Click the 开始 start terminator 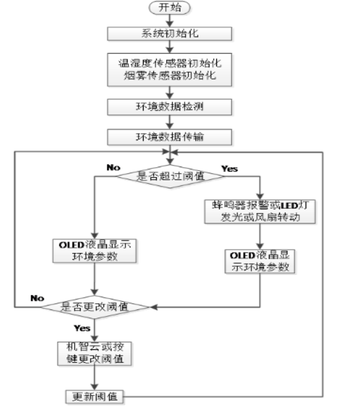click(x=169, y=8)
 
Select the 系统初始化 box click(x=169, y=33)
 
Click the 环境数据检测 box click(x=169, y=107)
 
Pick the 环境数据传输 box click(x=169, y=137)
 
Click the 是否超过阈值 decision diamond click(x=170, y=177)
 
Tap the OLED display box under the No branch click(x=94, y=250)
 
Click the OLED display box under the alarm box click(x=259, y=261)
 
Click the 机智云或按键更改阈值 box click(x=95, y=353)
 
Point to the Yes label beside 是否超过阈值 click(x=229, y=169)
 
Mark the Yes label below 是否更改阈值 click(x=82, y=327)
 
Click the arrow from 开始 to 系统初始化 click(x=169, y=20)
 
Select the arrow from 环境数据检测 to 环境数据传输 click(x=169, y=122)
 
